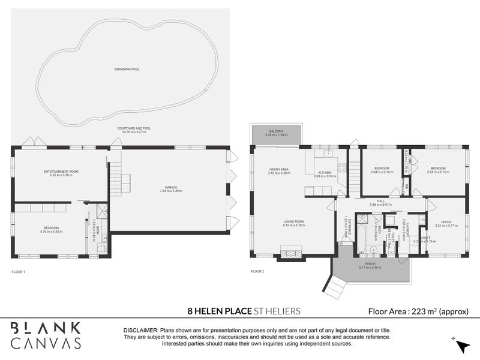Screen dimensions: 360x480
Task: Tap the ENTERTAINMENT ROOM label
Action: (x=62, y=172)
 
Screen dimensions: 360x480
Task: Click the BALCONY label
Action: (x=276, y=131)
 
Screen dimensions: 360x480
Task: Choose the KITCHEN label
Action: (x=323, y=172)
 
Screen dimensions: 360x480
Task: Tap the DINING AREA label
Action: (x=279, y=170)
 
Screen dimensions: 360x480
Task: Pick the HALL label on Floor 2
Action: (x=380, y=201)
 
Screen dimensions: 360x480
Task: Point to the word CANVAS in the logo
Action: (x=46, y=343)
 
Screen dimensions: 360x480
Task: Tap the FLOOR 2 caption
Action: (x=257, y=272)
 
